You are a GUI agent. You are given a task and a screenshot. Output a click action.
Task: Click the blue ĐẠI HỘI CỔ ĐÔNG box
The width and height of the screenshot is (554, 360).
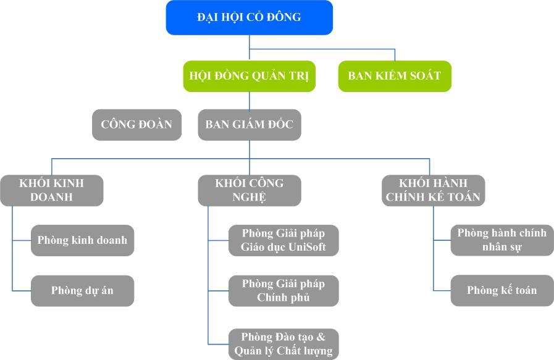click(249, 17)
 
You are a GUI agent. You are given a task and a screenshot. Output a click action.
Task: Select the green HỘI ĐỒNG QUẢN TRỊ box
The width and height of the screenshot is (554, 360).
click(249, 76)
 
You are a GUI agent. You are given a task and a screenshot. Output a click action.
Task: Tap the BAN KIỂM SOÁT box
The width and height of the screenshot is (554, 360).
click(395, 76)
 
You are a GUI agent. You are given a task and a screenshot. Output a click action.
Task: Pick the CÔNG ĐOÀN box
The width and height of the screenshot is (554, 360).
click(136, 125)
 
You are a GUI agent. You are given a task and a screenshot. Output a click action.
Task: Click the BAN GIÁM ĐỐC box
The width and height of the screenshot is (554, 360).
click(249, 125)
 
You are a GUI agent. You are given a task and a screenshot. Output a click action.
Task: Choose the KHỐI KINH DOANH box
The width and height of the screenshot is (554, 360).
click(51, 190)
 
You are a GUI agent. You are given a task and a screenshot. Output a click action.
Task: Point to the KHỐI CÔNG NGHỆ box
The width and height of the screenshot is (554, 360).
click(250, 190)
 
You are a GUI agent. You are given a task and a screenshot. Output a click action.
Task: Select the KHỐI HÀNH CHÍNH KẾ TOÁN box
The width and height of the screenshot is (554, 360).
click(433, 190)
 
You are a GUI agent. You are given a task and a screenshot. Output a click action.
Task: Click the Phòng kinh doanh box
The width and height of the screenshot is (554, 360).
click(82, 240)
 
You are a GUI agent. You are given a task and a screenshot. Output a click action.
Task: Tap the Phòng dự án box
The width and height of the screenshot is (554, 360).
click(82, 290)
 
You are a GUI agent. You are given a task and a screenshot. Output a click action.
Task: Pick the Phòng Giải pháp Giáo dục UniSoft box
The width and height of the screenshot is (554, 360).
click(283, 240)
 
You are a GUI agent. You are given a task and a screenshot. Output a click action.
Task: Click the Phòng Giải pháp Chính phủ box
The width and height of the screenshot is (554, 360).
click(283, 290)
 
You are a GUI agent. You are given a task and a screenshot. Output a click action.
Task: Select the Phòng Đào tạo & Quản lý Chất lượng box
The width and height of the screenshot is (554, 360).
click(283, 344)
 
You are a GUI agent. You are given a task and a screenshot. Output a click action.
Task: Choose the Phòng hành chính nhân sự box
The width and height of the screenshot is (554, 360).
click(502, 240)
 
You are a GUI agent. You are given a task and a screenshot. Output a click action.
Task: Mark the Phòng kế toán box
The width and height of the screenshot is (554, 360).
click(502, 290)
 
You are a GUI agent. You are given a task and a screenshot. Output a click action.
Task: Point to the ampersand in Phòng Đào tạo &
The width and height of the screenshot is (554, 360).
click(320, 337)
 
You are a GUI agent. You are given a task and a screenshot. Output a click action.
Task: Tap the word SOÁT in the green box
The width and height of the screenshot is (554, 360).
click(424, 76)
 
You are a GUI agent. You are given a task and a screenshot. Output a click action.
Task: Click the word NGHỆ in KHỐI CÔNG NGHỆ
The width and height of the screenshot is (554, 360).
click(250, 198)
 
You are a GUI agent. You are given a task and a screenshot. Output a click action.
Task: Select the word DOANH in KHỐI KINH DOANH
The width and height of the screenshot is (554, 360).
click(51, 198)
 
